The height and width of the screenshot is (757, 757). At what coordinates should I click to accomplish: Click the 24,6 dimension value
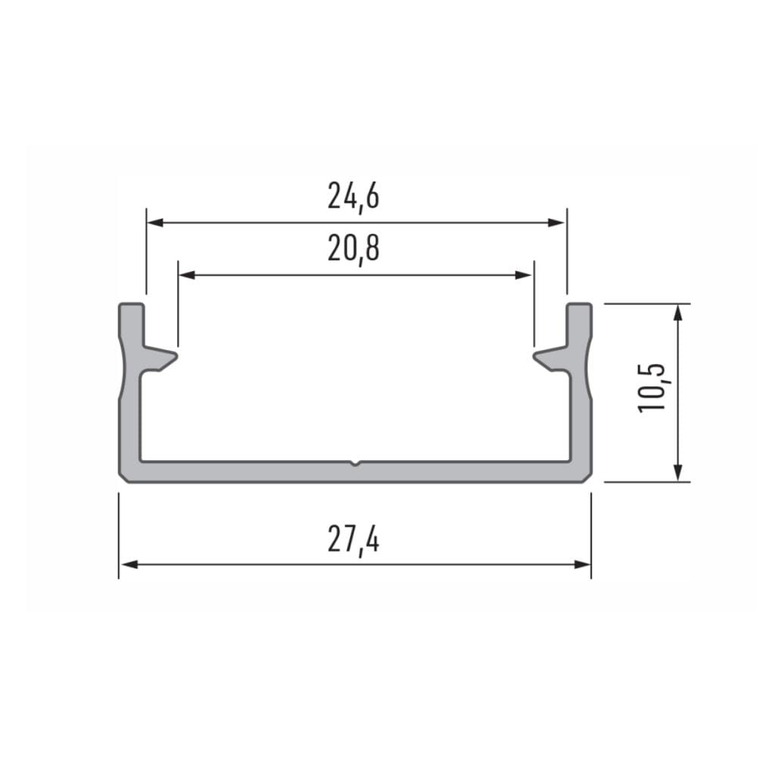pos(354,196)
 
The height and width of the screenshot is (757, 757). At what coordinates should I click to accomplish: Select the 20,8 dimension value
pos(354,248)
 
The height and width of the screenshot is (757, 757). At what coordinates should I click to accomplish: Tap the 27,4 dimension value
pos(354,540)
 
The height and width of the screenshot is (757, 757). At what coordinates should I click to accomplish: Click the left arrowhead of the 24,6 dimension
pos(155,223)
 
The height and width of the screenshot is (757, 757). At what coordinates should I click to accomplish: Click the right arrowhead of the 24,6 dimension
pos(556,223)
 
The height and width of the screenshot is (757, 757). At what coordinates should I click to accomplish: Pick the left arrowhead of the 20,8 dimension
pos(187,276)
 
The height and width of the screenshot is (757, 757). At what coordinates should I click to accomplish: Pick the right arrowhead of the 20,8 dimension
pos(524,276)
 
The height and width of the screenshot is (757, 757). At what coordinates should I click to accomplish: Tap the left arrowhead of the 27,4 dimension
pos(129,565)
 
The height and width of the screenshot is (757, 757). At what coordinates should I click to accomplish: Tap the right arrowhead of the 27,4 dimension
pos(582,565)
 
